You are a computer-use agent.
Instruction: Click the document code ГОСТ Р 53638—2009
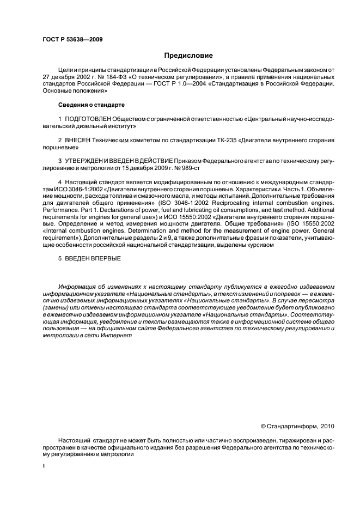click(72, 40)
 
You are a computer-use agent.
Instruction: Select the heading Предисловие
click(188, 56)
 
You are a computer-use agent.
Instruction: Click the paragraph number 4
click(59, 181)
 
